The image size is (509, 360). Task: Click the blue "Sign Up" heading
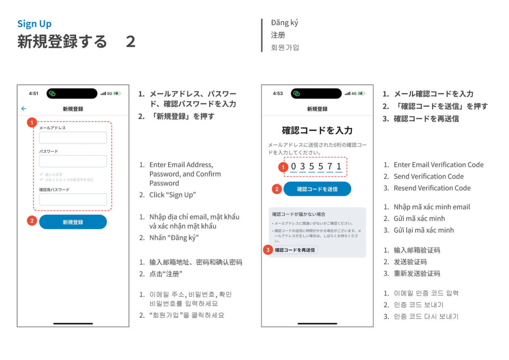click(34, 24)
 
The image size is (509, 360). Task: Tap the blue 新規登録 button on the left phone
click(73, 222)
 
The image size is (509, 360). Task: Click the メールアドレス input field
click(73, 138)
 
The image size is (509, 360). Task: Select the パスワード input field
click(73, 161)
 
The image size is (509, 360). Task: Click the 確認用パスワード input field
click(73, 199)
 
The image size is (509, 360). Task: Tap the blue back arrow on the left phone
click(23, 108)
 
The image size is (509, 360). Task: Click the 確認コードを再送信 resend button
click(295, 250)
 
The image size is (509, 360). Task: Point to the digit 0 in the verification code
click(294, 167)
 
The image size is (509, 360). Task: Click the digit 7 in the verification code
click(330, 167)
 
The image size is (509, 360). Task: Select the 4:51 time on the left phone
click(33, 93)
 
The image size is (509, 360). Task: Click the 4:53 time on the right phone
click(278, 93)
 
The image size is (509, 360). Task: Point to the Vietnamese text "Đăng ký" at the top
click(284, 23)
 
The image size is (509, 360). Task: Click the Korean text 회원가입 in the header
click(285, 48)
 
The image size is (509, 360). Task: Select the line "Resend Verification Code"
click(432, 188)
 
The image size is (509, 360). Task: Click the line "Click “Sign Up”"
click(172, 195)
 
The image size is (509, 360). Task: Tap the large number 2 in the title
click(130, 42)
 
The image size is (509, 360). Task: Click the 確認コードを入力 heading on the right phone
click(317, 130)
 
